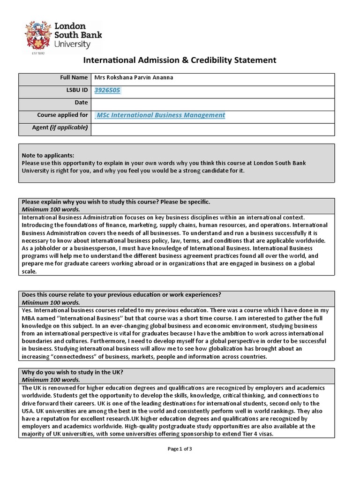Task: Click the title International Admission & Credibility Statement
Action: tap(180, 60)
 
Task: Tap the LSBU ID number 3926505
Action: tap(107, 90)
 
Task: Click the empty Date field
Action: tap(213, 103)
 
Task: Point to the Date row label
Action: tap(81, 103)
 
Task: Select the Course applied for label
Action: tap(62, 115)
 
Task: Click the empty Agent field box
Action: tap(213, 128)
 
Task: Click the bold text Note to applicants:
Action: tap(48, 156)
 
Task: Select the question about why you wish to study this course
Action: tap(116, 202)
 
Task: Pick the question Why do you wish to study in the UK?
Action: tap(73, 373)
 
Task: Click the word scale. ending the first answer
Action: tap(29, 271)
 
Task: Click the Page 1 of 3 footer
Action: tap(180, 449)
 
